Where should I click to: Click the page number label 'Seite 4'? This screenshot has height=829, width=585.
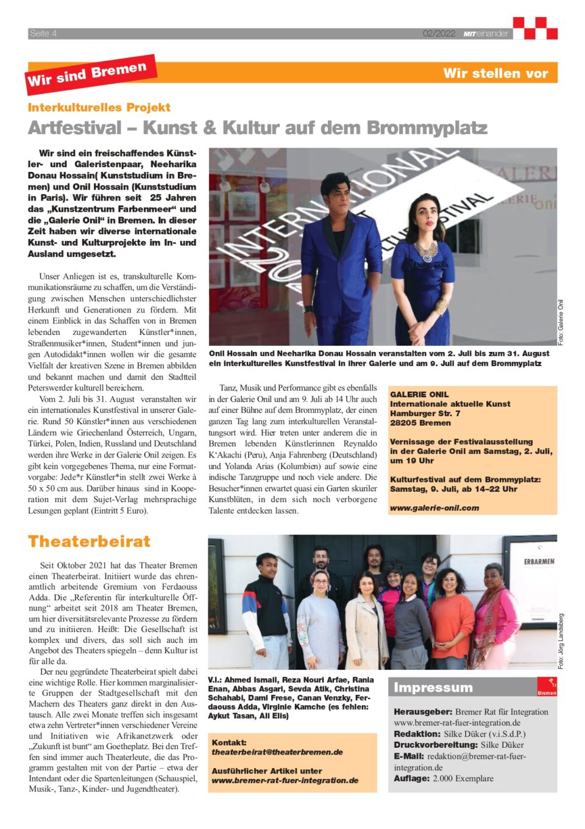pyautogui.click(x=43, y=34)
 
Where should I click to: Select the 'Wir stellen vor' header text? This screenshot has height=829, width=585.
pyautogui.click(x=495, y=73)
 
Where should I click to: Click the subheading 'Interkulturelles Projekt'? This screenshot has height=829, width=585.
pyautogui.click(x=99, y=107)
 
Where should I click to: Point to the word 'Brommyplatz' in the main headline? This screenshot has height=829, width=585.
pyautogui.click(x=427, y=128)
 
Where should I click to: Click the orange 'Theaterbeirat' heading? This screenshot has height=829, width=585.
pyautogui.click(x=89, y=542)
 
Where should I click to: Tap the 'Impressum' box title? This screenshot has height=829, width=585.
pyautogui.click(x=433, y=687)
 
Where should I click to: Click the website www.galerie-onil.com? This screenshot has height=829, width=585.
pyautogui.click(x=434, y=508)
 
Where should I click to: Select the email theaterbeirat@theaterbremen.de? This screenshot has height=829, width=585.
pyautogui.click(x=277, y=752)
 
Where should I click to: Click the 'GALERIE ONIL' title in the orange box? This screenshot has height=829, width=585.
pyautogui.click(x=419, y=395)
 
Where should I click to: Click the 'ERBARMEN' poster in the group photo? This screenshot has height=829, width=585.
pyautogui.click(x=539, y=561)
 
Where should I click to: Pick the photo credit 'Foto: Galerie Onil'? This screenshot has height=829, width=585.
pyautogui.click(x=561, y=322)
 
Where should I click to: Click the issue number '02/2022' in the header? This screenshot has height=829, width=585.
pyautogui.click(x=439, y=34)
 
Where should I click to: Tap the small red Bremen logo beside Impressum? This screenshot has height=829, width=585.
pyautogui.click(x=547, y=687)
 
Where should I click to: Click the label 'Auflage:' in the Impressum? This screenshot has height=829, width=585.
pyautogui.click(x=411, y=778)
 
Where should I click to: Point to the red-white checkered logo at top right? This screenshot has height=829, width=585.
pyautogui.click(x=535, y=28)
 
